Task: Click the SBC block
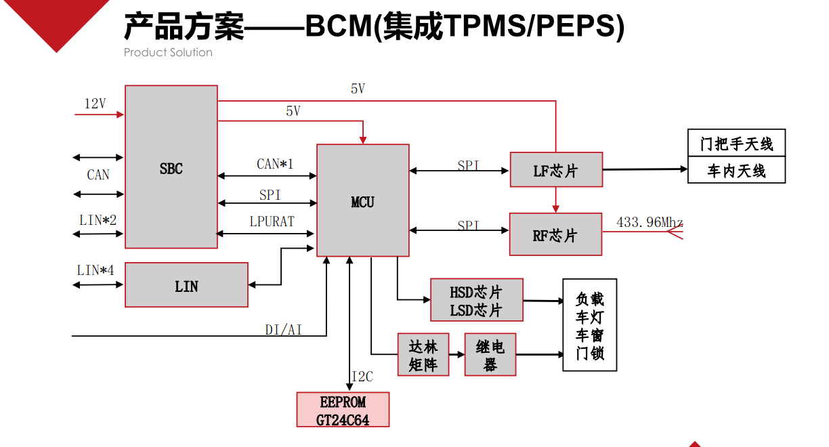point(171,167)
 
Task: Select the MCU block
point(363,200)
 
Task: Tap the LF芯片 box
point(555,169)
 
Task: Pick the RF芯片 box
point(555,234)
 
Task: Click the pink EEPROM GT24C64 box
point(343,410)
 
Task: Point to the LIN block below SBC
point(186,285)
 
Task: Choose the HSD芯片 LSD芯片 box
point(477,300)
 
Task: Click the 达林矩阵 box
point(423,355)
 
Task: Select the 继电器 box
point(490,355)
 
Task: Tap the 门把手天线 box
point(736,144)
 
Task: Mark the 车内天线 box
point(736,171)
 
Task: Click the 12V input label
point(95,104)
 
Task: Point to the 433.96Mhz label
point(650,222)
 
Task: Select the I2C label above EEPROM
point(362,377)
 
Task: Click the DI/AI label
point(283,330)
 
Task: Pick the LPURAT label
point(271,221)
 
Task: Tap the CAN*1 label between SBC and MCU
point(275,164)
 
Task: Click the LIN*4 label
point(95,270)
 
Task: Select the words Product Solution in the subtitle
point(168,52)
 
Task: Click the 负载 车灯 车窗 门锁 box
point(590,325)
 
